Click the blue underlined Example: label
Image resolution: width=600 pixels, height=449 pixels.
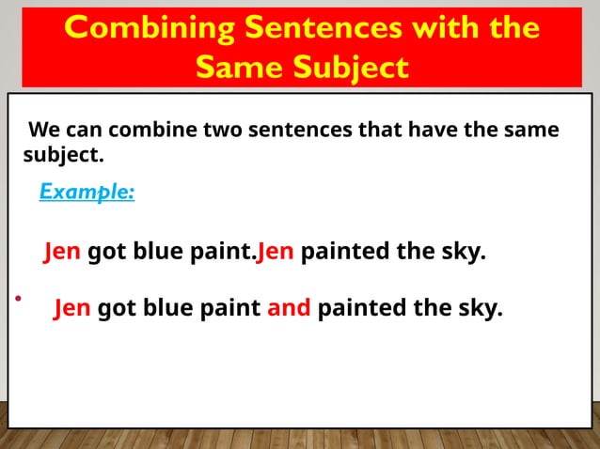pyautogui.click(x=87, y=192)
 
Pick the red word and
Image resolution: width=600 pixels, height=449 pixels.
pyautogui.click(x=289, y=308)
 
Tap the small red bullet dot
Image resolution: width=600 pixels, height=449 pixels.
pyautogui.click(x=17, y=299)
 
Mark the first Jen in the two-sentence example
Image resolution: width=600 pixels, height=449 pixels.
pyautogui.click(x=62, y=253)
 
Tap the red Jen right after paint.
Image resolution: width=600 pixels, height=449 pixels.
pyautogui.click(x=276, y=253)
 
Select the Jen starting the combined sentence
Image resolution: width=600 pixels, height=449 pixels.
pyautogui.click(x=72, y=308)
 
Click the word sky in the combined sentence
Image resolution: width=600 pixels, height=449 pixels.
pyautogui.click(x=481, y=308)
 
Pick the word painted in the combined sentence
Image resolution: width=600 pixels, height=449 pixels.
pyautogui.click(x=358, y=308)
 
